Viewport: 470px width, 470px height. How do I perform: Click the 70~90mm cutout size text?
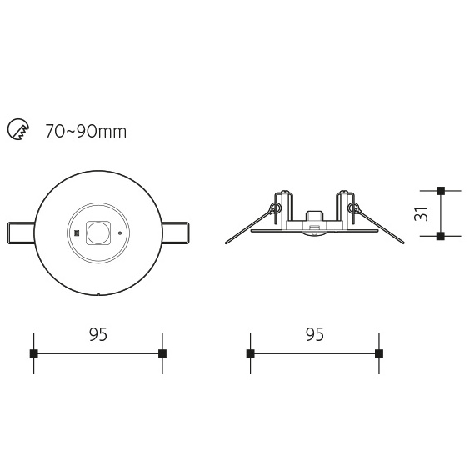pyautogui.click(x=86, y=132)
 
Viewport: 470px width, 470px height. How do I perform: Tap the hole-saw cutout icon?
pyautogui.click(x=18, y=129)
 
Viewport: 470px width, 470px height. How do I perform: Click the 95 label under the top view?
pyautogui.click(x=98, y=334)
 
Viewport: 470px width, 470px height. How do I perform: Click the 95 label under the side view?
pyautogui.click(x=315, y=334)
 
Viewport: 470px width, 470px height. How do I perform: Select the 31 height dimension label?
pyautogui.click(x=421, y=213)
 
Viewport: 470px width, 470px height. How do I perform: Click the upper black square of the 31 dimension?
pyautogui.click(x=441, y=190)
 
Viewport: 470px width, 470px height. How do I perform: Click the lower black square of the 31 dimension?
pyautogui.click(x=441, y=236)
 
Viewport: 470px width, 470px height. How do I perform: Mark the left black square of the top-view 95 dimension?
pyautogui.click(x=34, y=353)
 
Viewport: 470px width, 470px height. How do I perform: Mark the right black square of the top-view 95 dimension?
pyautogui.click(x=162, y=353)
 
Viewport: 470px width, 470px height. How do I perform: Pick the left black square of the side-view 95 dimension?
pyautogui.click(x=251, y=353)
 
